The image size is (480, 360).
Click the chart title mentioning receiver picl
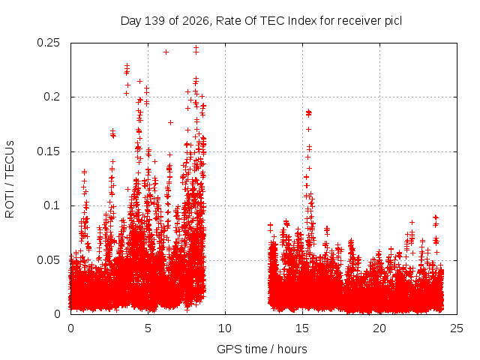coord(261,21)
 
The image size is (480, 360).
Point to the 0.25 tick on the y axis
coord(48,43)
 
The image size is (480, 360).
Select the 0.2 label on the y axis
coord(52,97)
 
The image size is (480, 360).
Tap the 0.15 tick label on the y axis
coord(48,151)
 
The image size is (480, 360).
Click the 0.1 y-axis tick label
coord(52,205)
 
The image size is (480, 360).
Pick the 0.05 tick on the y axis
coord(48,260)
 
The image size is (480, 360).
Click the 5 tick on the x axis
coord(148,328)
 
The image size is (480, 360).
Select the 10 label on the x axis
coord(225,328)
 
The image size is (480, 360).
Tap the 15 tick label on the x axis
coord(302,328)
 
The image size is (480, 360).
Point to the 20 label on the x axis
coord(379,328)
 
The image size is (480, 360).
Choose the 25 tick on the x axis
coord(457,328)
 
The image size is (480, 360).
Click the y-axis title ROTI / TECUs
coord(10,179)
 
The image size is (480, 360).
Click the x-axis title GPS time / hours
coord(262,349)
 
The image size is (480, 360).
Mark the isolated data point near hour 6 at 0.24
coord(166,52)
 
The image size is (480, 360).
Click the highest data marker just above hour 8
coord(196,47)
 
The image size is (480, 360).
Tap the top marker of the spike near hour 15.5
coord(308,112)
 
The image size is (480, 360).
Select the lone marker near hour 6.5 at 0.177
coord(171,122)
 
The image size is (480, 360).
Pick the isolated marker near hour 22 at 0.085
coord(412,222)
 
